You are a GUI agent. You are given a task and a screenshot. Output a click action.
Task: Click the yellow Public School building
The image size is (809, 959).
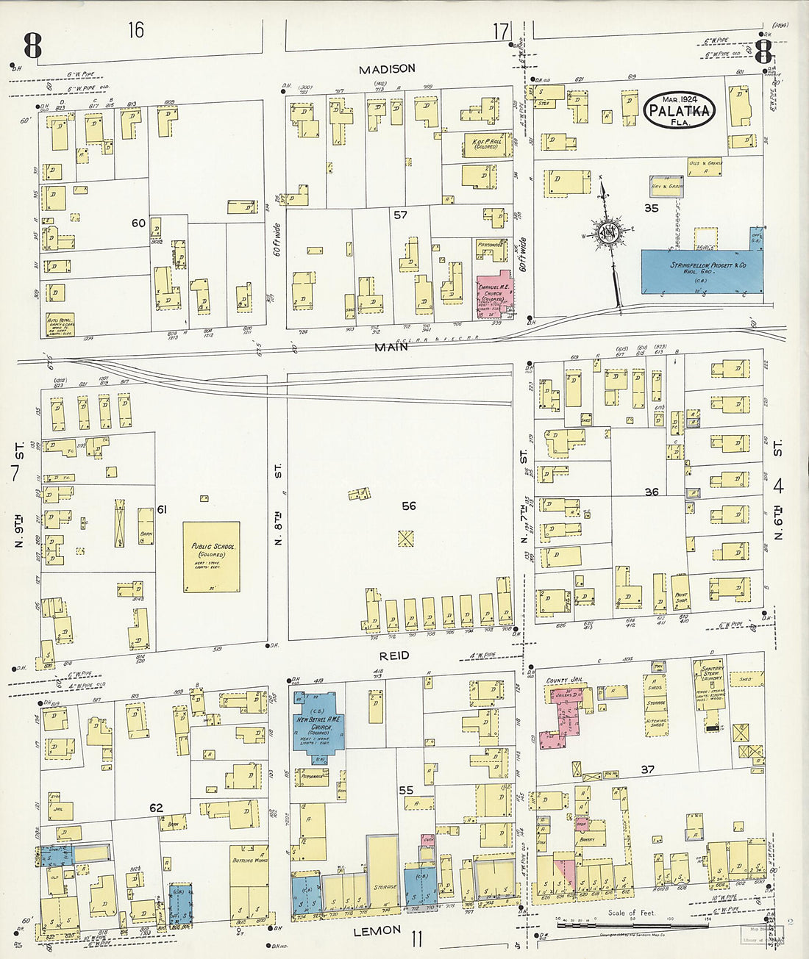tap(211, 556)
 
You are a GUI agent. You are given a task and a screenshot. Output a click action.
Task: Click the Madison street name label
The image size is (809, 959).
tap(387, 68)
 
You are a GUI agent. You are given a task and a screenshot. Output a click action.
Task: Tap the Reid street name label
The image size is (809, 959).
tap(395, 655)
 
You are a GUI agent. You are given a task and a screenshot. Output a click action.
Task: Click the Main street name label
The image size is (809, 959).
tap(391, 347)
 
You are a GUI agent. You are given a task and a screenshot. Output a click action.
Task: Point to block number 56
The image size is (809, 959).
tap(408, 506)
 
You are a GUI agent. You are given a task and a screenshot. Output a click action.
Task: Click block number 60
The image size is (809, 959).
tap(138, 223)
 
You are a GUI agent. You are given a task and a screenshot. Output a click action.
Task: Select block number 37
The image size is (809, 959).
tap(647, 769)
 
